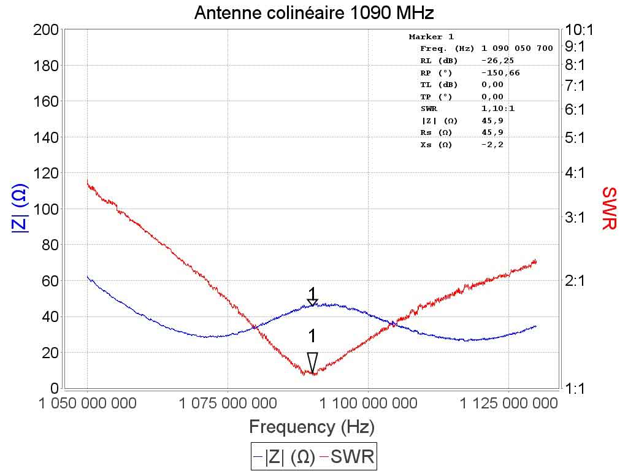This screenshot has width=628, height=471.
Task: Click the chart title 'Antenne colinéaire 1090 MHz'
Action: tap(314, 13)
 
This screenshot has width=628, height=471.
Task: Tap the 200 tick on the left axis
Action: tap(47, 30)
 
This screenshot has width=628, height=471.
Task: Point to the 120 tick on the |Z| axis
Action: tap(47, 173)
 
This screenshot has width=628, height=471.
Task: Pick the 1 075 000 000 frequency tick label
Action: tap(228, 403)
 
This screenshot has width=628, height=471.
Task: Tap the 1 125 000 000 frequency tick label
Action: tap(508, 403)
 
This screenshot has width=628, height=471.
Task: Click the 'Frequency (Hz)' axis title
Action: tap(312, 426)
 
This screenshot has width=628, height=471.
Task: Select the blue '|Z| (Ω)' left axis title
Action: tap(19, 209)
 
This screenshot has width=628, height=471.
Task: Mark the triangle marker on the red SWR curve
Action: tap(313, 362)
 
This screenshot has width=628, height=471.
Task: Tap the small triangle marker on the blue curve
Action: tap(313, 302)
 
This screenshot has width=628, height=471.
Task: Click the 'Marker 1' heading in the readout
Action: tap(431, 37)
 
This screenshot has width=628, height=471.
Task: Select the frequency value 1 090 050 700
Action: tap(518, 48)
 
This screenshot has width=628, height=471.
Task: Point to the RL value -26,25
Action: tap(497, 61)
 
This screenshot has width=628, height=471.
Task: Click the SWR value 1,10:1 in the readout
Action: tap(498, 109)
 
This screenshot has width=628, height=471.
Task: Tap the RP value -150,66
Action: tap(499, 73)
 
